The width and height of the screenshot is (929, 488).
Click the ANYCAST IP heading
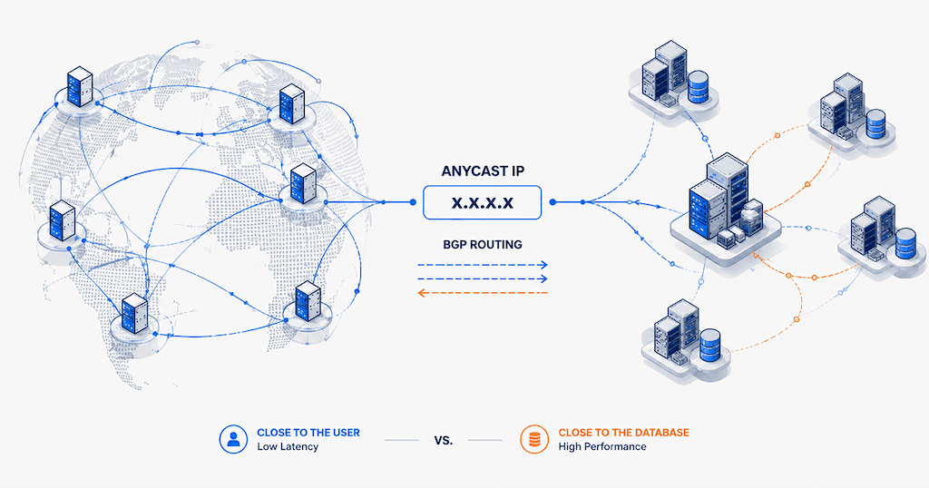pos(483,171)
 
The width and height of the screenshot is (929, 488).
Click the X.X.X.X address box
pos(483,202)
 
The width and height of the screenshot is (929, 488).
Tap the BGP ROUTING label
pos(483,245)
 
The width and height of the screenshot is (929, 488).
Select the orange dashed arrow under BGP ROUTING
pos(483,293)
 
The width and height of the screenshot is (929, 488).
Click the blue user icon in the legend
pos(233,439)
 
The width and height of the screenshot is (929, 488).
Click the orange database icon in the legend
pos(534,439)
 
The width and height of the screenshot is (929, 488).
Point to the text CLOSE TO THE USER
pos(308,433)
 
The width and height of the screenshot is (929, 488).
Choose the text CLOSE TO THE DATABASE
pos(624,433)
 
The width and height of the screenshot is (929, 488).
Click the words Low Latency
pos(288,446)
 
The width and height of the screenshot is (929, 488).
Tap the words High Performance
pos(602,446)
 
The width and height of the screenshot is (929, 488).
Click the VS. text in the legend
pos(443,440)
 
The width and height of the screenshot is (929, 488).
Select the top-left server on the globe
pos(80,87)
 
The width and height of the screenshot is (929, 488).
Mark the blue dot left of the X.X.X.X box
pos(413,202)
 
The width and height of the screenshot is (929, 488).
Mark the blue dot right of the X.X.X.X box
pos(553,202)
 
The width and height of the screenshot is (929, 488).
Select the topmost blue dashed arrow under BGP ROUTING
pos(483,266)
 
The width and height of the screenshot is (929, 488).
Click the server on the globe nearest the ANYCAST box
pos(303,183)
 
